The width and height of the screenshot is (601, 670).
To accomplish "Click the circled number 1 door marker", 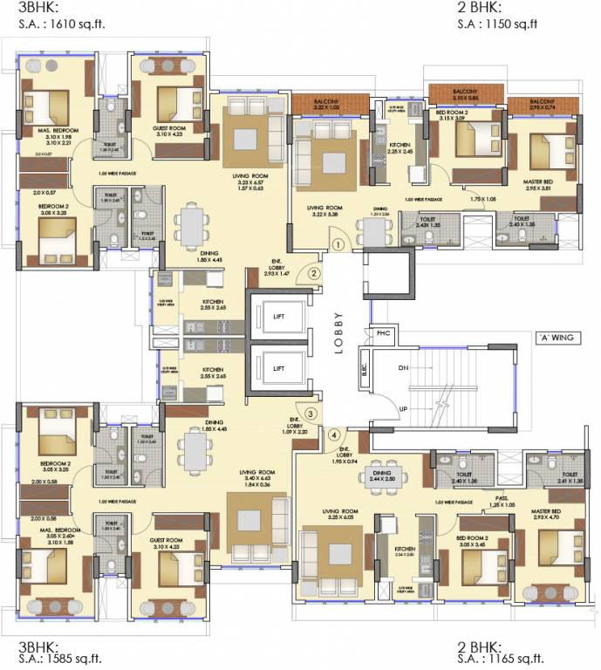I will [338, 245].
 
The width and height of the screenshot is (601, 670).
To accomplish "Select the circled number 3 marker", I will [310, 414].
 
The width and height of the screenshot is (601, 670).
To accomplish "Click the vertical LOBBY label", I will [339, 331].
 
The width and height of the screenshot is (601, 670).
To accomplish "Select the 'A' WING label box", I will [555, 337].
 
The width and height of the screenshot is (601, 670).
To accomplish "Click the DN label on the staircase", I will [403, 368].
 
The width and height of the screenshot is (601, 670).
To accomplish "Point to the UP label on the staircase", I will [403, 408].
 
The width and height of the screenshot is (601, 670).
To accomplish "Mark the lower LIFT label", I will [278, 369].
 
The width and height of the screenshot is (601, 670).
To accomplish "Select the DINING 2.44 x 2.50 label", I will [382, 476].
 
